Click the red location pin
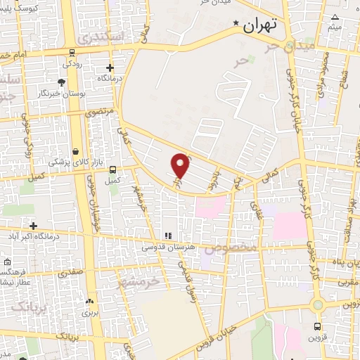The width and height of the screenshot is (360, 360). tap(181, 166)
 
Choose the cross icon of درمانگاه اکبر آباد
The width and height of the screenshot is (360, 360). tap(33, 225)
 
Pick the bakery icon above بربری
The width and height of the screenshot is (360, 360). tap(89, 302)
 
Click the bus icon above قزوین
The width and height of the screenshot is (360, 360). tap(317, 327)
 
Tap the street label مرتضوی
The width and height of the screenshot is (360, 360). tap(98, 111)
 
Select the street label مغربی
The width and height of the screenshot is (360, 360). tap(347, 283)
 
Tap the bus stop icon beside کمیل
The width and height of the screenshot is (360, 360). tap(112, 169)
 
